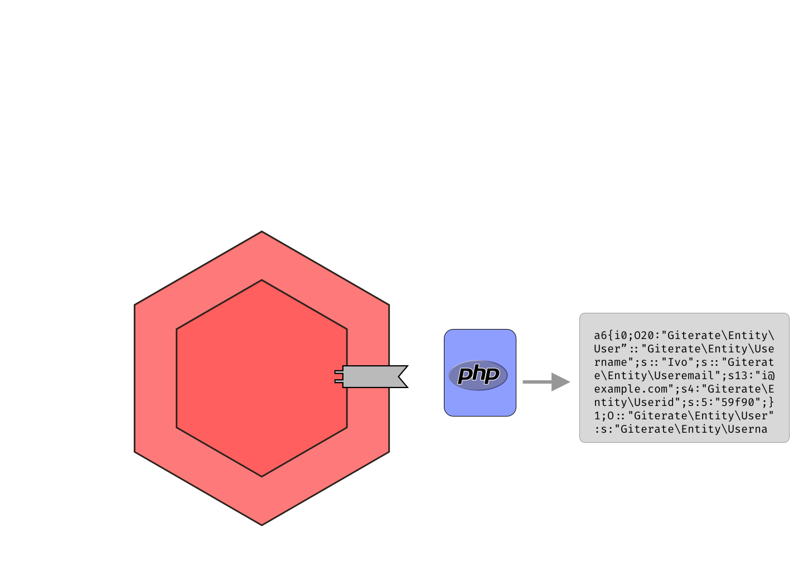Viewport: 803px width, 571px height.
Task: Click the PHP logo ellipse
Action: (x=478, y=375)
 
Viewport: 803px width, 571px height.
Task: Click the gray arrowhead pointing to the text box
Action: (x=560, y=382)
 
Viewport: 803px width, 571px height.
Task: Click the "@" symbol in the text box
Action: (x=771, y=375)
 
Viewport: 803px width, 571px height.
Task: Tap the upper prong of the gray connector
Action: (x=338, y=371)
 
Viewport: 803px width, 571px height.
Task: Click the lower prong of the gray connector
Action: (x=338, y=381)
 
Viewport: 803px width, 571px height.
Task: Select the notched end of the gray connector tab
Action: (x=400, y=376)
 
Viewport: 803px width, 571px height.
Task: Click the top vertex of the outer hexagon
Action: (x=262, y=233)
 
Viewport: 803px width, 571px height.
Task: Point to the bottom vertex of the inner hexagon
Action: (x=262, y=476)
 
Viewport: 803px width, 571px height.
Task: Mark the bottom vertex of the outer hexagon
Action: (x=262, y=524)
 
